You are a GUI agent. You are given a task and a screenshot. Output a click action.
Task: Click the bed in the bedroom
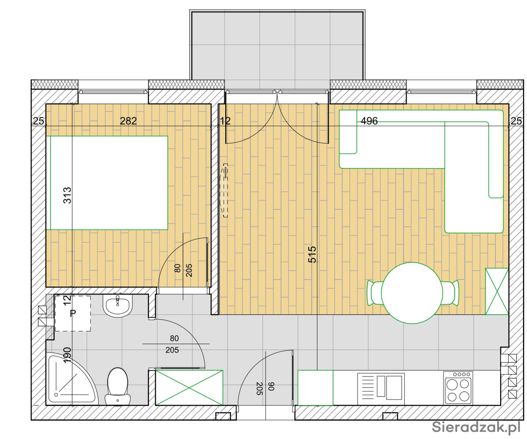tap(109, 183)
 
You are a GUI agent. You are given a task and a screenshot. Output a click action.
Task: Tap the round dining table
tap(412, 293)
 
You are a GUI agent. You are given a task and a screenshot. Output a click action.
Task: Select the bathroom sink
tap(118, 305)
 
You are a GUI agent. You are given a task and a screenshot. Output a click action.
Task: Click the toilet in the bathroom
tap(118, 386)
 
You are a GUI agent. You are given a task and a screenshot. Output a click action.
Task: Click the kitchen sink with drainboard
tap(381, 388)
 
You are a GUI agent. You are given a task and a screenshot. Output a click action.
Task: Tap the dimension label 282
tap(128, 121)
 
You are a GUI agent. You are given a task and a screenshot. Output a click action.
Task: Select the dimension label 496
tap(369, 121)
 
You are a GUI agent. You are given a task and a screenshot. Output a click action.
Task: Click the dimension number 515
tap(312, 254)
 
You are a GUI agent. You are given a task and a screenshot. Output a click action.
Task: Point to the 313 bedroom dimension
tap(67, 195)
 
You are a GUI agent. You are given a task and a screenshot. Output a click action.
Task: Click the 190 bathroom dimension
tap(67, 355)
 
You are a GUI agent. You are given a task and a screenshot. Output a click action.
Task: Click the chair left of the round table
tap(375, 293)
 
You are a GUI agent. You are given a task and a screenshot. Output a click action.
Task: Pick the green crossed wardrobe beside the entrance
tap(189, 388)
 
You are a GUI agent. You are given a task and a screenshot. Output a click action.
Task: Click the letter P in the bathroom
tap(73, 313)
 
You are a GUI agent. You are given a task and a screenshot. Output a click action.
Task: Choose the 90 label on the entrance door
tap(271, 386)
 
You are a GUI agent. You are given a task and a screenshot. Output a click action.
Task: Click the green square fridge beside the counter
tap(315, 388)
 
